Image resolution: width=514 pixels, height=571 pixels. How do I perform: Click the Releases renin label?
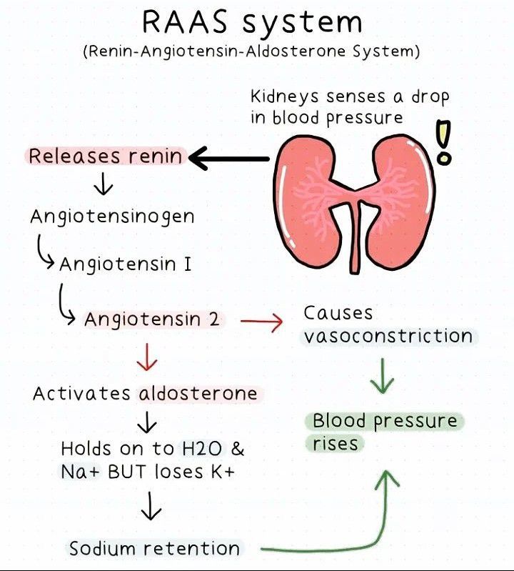(x=105, y=156)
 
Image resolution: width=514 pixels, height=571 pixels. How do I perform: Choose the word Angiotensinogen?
(x=112, y=217)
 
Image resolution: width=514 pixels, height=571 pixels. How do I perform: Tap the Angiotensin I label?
(x=126, y=264)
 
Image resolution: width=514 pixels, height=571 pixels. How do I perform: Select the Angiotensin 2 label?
(x=152, y=319)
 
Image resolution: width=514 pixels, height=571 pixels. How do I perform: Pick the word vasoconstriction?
(x=388, y=336)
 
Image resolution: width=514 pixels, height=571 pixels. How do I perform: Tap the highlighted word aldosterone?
(x=198, y=394)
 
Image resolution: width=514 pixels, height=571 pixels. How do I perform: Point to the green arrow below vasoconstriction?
(x=383, y=375)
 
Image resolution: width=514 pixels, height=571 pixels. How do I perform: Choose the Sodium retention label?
(x=154, y=549)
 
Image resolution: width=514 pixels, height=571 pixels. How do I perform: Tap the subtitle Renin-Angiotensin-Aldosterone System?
(x=251, y=53)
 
